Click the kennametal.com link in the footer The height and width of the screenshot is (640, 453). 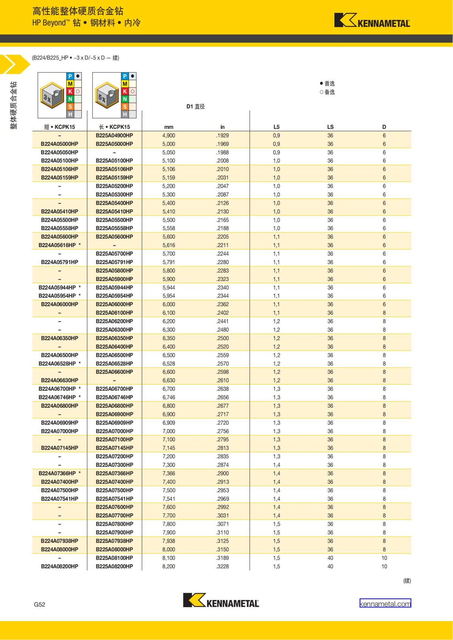tap(385, 603)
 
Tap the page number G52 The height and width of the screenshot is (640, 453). tap(39, 604)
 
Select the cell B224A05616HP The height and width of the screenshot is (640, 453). tap(57, 245)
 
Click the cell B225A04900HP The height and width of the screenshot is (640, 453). tap(114, 135)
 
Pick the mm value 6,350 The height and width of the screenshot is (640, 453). tap(169, 338)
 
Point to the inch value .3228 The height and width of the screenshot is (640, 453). tap(222, 566)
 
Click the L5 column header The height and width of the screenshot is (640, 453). tap(276, 127)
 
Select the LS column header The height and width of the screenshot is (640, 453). tap(330, 127)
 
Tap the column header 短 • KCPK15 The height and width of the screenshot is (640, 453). tap(60, 127)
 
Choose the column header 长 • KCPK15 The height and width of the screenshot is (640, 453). tap(114, 127)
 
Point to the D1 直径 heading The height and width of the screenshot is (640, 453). tap(196, 106)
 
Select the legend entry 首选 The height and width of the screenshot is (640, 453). tap(327, 83)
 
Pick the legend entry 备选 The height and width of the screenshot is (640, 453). tap(327, 92)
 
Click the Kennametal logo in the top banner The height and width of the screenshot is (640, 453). tap(372, 21)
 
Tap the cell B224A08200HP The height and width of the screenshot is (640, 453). tap(60, 566)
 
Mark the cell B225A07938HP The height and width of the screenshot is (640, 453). tap(114, 541)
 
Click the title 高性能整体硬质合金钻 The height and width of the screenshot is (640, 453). tap(78, 11)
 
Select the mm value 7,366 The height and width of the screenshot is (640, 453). tap(169, 473)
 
